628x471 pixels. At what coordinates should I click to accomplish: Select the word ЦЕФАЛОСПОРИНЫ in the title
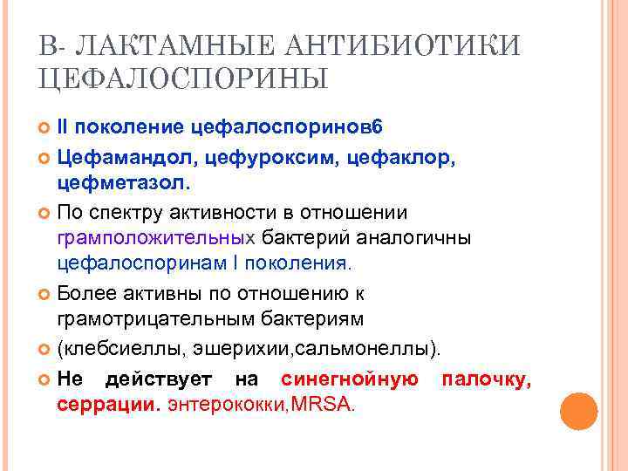click(183, 80)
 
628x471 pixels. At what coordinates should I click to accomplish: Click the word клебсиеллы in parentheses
click(110, 350)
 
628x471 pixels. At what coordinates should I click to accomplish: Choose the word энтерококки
click(227, 406)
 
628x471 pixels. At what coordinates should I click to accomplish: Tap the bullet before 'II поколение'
click(46, 127)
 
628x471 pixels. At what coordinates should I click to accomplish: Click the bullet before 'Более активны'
click(46, 295)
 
